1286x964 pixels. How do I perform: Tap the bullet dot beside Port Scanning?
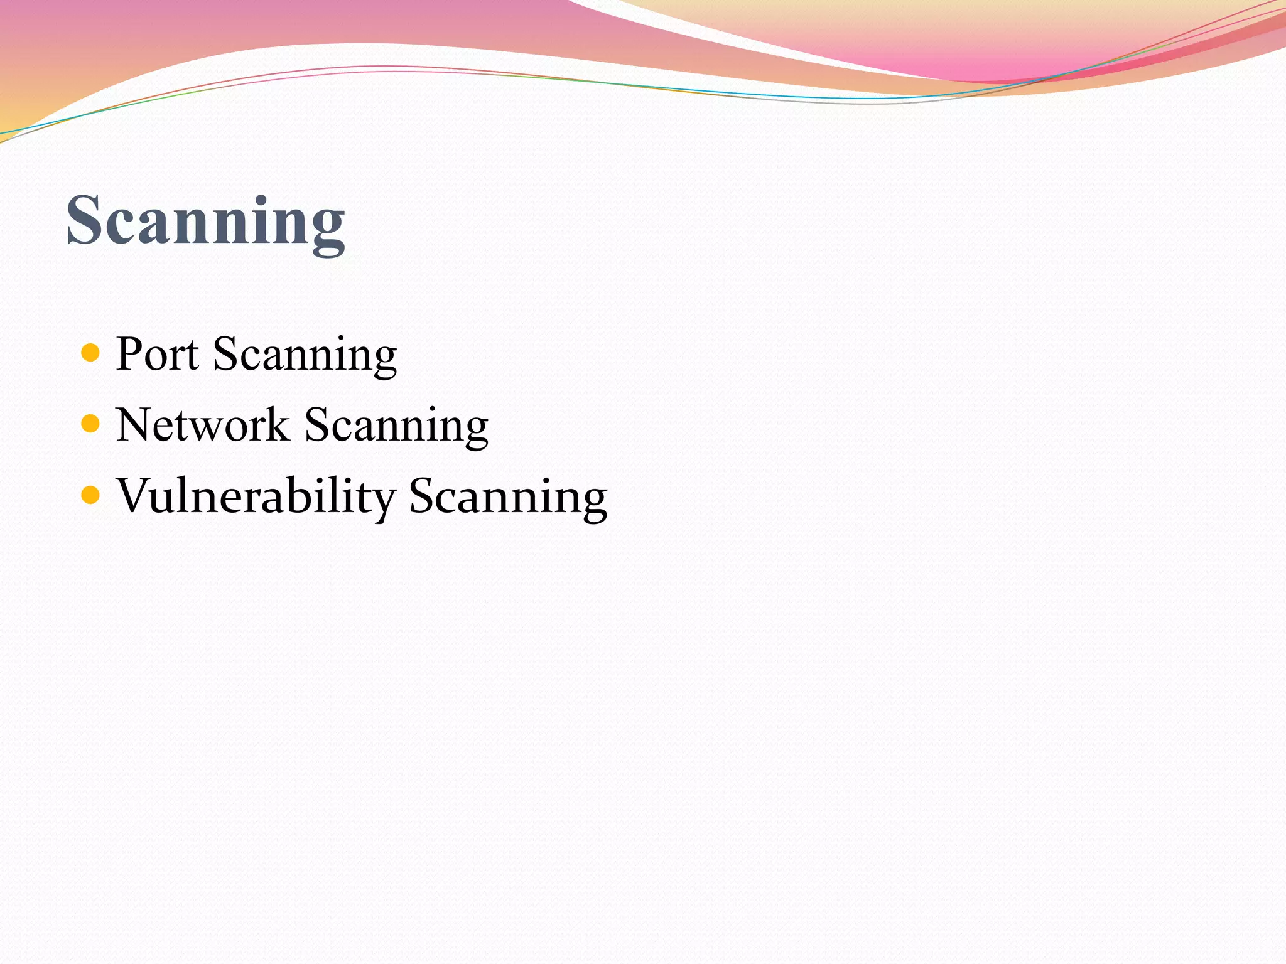91,353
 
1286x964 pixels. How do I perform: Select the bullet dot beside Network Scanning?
91,424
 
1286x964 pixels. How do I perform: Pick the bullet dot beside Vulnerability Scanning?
91,495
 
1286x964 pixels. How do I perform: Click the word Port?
158,355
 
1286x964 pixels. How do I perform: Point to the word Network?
202,426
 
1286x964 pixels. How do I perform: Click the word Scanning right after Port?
305,356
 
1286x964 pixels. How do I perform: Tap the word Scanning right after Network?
396,427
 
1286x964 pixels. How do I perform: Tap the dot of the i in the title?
261,200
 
